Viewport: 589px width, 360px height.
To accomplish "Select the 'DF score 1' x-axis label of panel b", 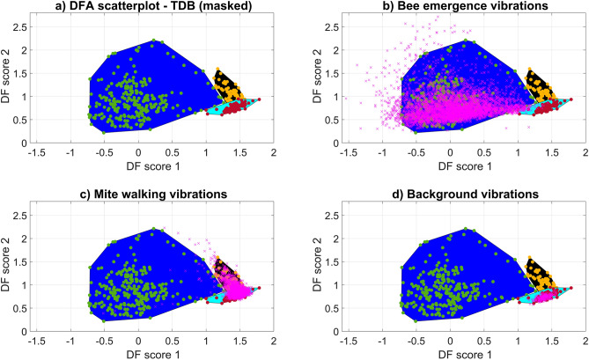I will coord(451,166).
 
